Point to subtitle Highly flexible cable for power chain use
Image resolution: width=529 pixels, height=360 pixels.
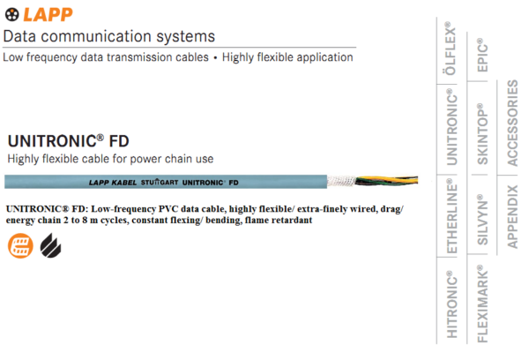click(x=111, y=159)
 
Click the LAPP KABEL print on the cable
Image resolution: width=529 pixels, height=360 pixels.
click(x=113, y=183)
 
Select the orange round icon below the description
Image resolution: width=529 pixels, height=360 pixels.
click(x=18, y=244)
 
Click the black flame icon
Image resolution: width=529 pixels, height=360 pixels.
click(x=49, y=244)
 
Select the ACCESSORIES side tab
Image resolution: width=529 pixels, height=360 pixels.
click(x=513, y=124)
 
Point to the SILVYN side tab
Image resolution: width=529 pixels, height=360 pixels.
click(x=482, y=221)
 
